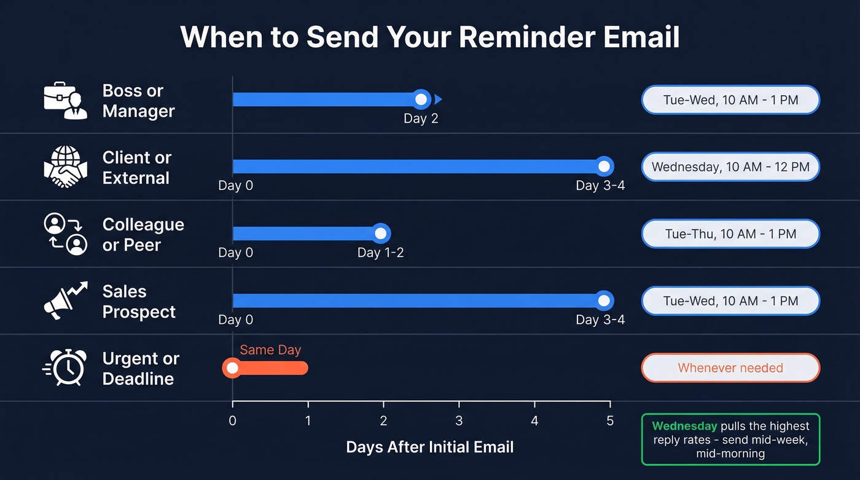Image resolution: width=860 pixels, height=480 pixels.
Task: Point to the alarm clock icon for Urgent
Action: pyautogui.click(x=65, y=368)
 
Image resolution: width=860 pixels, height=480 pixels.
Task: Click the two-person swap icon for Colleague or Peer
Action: pyautogui.click(x=66, y=234)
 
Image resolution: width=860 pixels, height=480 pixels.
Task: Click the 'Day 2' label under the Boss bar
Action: pyautogui.click(x=421, y=119)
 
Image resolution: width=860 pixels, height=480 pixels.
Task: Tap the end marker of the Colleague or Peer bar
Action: pyautogui.click(x=381, y=234)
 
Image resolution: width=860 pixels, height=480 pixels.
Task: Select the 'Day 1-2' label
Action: pyautogui.click(x=380, y=253)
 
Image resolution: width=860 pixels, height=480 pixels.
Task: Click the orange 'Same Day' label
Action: pyautogui.click(x=270, y=350)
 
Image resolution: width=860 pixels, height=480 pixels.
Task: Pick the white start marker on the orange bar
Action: pyautogui.click(x=232, y=368)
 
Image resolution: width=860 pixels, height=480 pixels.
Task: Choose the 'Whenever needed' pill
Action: pyautogui.click(x=730, y=368)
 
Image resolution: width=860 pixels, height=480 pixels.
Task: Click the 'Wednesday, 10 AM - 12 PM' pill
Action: pyautogui.click(x=730, y=167)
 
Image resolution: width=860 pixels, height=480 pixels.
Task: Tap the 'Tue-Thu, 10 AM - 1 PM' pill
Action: pyautogui.click(x=730, y=234)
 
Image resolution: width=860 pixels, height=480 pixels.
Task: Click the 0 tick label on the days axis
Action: pyautogui.click(x=232, y=421)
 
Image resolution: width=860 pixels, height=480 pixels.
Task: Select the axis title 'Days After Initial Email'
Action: pyautogui.click(x=429, y=447)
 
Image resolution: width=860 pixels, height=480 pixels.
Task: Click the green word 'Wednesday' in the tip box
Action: pyautogui.click(x=684, y=426)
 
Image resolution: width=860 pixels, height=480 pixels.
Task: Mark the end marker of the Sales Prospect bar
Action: pyautogui.click(x=604, y=301)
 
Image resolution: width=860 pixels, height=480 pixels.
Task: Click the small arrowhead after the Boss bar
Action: pyautogui.click(x=438, y=100)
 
